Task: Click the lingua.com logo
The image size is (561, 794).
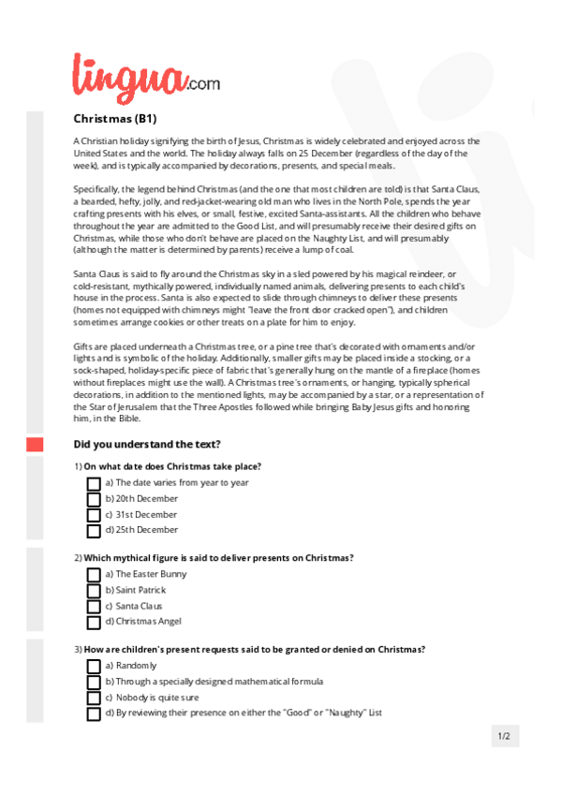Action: (x=146, y=76)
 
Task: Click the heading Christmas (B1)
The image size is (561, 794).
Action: (x=114, y=119)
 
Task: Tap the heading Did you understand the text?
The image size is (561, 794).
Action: (x=146, y=444)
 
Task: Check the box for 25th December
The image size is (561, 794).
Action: (x=94, y=531)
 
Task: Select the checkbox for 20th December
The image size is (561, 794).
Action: (x=94, y=499)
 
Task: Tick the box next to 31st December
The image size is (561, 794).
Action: (x=94, y=515)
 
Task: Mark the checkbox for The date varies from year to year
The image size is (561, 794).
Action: (x=94, y=483)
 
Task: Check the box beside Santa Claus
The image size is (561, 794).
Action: (x=94, y=606)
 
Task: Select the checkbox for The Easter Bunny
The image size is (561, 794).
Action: (x=94, y=575)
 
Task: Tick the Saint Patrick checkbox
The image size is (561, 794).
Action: (x=94, y=591)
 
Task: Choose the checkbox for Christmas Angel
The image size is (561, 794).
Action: (x=94, y=622)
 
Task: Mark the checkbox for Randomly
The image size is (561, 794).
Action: (x=94, y=667)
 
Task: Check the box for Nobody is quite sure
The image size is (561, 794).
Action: (x=94, y=698)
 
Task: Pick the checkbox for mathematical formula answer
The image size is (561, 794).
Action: (x=94, y=683)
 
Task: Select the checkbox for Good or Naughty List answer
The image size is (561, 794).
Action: (x=94, y=713)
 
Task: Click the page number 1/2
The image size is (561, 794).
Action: (x=504, y=736)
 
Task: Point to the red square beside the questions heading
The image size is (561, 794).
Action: (x=35, y=445)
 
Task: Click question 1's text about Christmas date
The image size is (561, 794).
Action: (x=171, y=466)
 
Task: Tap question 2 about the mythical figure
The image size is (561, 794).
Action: (x=217, y=558)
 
